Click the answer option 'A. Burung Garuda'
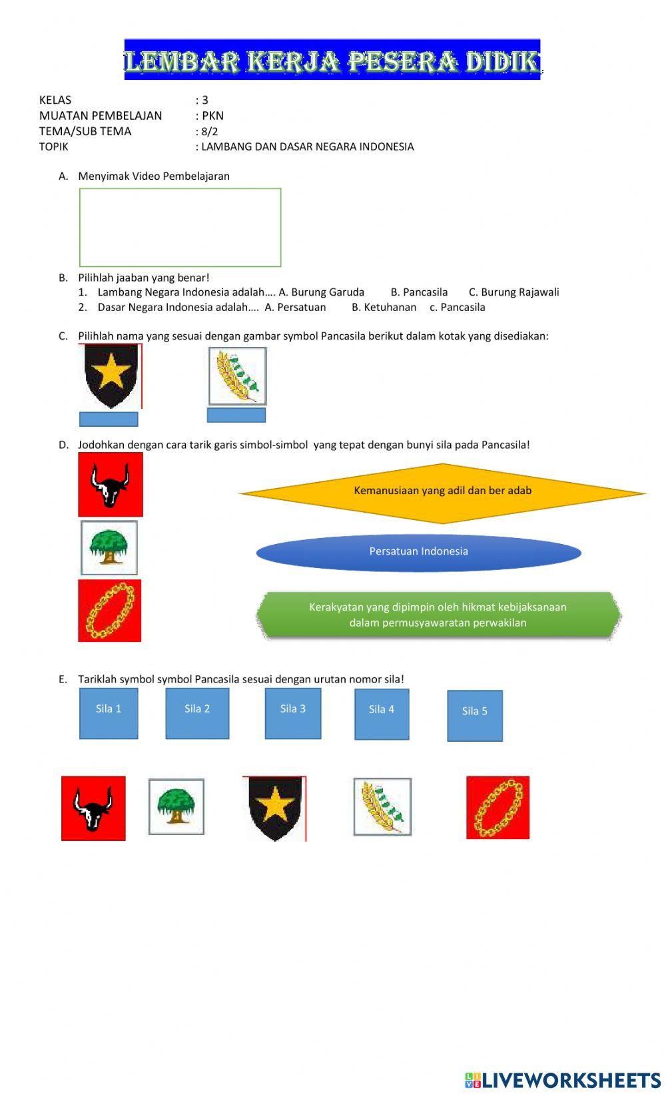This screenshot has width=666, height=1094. coord(321,292)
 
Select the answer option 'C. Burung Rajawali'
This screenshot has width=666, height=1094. coord(513,292)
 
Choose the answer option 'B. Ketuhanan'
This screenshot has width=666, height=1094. coord(384,308)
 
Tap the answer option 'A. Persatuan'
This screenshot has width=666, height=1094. coord(295,308)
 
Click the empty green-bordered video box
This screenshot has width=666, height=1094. coord(180,228)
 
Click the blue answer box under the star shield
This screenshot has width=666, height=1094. coord(109,419)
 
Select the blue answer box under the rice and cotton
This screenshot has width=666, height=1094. coord(236,415)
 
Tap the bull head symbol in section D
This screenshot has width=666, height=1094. coord(111,485)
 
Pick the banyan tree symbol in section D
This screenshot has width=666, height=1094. coord(109,548)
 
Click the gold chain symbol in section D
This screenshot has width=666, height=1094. coord(110,611)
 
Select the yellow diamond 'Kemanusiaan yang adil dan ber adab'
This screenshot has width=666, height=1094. coord(442,493)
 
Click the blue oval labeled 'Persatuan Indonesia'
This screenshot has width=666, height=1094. coord(418,552)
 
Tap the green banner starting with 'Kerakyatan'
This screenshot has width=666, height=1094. coord(438,615)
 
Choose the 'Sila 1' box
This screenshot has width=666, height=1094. coord(109,713)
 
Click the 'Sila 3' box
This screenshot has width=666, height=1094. coord(293,713)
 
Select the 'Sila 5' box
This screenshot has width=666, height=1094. coord(475,715)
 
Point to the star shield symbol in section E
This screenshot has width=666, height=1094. coord(274,808)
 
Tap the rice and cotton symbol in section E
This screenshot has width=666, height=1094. coord(382,807)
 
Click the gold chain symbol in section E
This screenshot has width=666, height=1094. coord(498,807)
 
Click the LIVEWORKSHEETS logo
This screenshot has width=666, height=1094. coord(563,1079)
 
